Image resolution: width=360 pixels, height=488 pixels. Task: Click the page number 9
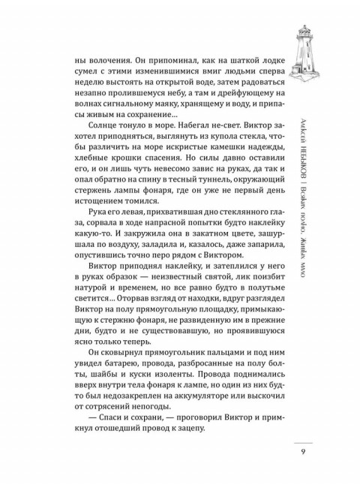tap(301, 450)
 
